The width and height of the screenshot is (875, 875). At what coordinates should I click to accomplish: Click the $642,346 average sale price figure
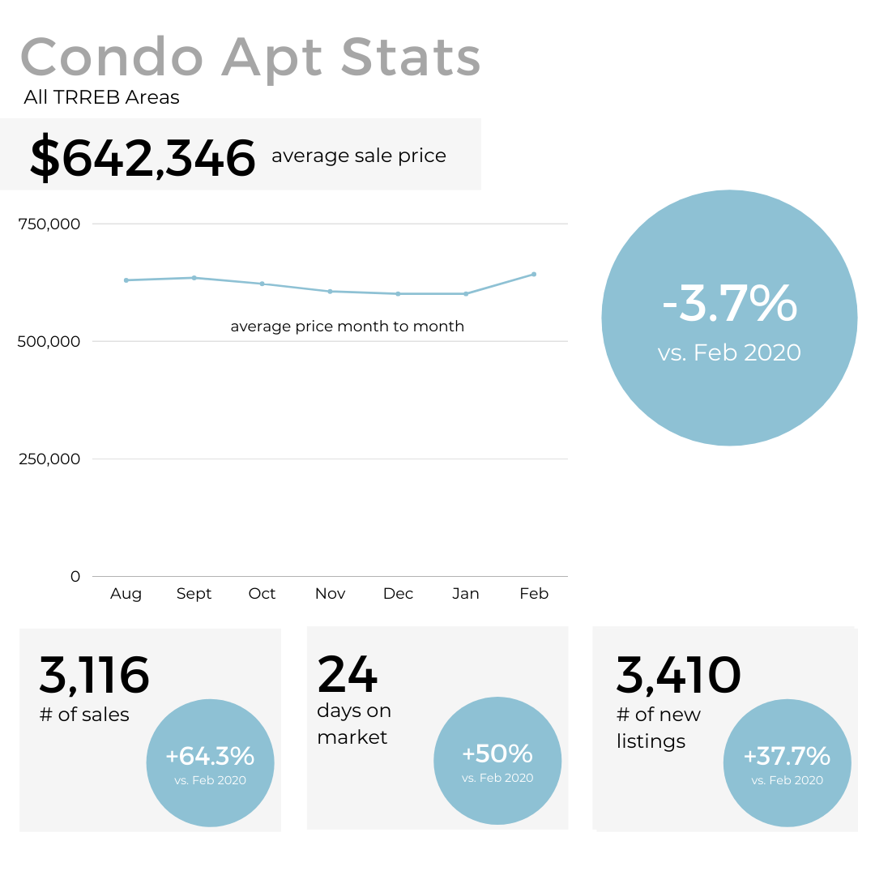pyautogui.click(x=143, y=157)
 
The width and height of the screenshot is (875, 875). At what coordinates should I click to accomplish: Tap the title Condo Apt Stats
pyautogui.click(x=250, y=58)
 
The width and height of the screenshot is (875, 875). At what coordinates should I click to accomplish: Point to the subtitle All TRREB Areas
pyautogui.click(x=101, y=98)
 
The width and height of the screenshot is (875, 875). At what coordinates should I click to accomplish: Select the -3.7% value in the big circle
pyautogui.click(x=729, y=304)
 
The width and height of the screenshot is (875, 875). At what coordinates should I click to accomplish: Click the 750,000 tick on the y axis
pyautogui.click(x=49, y=224)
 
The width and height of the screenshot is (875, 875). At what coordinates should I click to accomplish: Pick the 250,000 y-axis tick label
pyautogui.click(x=49, y=459)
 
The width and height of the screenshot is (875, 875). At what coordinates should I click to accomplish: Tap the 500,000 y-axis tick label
pyautogui.click(x=49, y=341)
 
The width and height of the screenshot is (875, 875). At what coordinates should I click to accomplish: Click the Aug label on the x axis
pyautogui.click(x=126, y=594)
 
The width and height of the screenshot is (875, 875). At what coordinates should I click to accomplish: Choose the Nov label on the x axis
pyautogui.click(x=330, y=594)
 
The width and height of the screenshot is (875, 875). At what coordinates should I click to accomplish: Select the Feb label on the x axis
pyautogui.click(x=534, y=594)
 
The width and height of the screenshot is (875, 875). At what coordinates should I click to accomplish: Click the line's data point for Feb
pyautogui.click(x=534, y=274)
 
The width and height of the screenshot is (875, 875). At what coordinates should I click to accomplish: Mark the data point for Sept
pyautogui.click(x=194, y=278)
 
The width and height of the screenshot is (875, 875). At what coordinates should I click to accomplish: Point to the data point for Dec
pyautogui.click(x=398, y=293)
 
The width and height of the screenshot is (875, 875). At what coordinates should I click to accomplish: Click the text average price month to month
pyautogui.click(x=347, y=327)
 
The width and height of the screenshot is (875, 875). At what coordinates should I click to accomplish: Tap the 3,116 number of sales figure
pyautogui.click(x=94, y=676)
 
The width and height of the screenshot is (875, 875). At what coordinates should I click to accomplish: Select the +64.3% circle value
pyautogui.click(x=210, y=757)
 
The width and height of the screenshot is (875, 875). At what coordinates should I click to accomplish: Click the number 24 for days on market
pyautogui.click(x=348, y=674)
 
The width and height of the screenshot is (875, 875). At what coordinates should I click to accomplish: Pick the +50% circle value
pyautogui.click(x=497, y=754)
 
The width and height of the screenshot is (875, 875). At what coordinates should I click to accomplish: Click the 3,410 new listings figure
pyautogui.click(x=678, y=676)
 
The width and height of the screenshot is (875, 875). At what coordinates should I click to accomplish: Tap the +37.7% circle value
pyautogui.click(x=787, y=757)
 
